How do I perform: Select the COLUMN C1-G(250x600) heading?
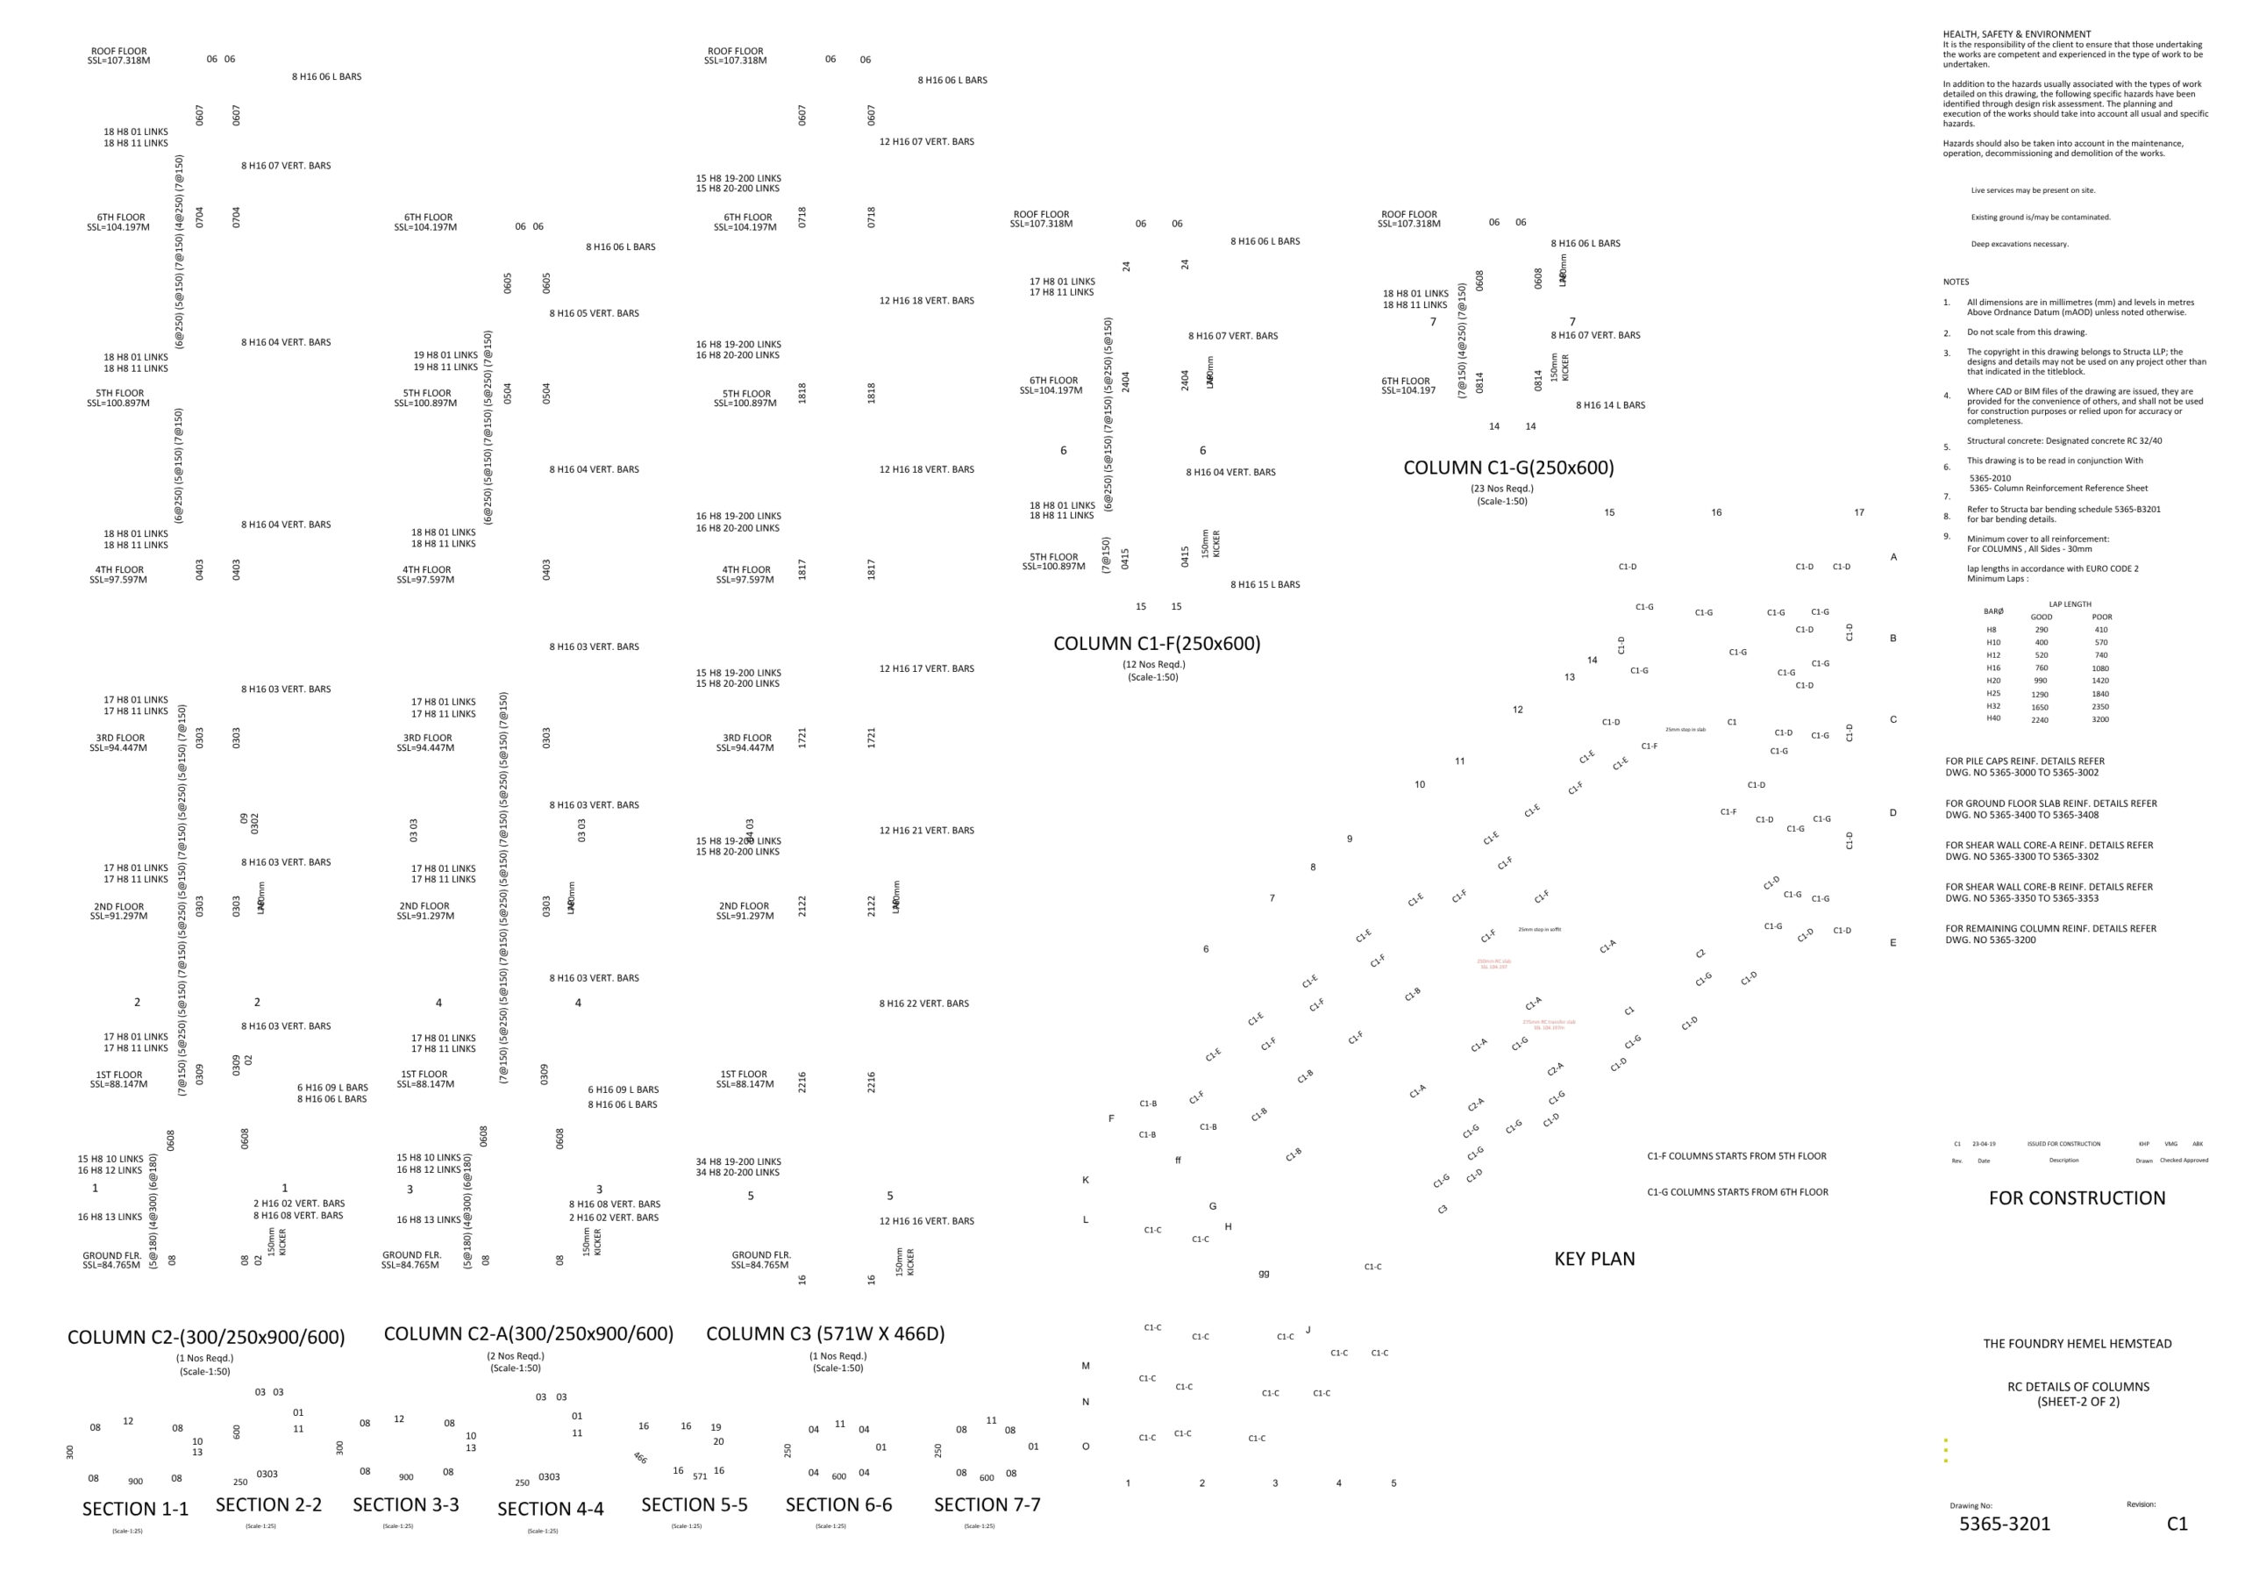(1507, 468)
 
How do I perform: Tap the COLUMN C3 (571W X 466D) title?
(824, 1333)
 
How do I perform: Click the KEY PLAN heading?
(1593, 1259)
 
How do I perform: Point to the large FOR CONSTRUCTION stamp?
(2076, 1197)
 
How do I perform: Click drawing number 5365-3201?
(2004, 1524)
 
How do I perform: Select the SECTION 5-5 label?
(695, 1504)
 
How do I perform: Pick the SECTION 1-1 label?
(135, 1509)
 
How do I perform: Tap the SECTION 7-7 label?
(987, 1504)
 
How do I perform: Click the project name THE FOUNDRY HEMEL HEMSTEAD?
(2077, 1344)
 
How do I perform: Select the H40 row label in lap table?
(1992, 718)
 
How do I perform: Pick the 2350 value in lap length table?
(2100, 706)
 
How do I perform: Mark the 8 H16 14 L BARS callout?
(1609, 404)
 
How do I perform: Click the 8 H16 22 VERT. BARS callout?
(923, 1004)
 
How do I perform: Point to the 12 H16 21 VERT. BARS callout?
(926, 830)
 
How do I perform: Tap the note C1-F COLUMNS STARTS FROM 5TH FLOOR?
(1736, 1156)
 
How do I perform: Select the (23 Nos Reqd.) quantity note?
(1502, 488)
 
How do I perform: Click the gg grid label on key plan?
(1264, 1273)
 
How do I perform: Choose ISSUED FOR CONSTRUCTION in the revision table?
(2063, 1143)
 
